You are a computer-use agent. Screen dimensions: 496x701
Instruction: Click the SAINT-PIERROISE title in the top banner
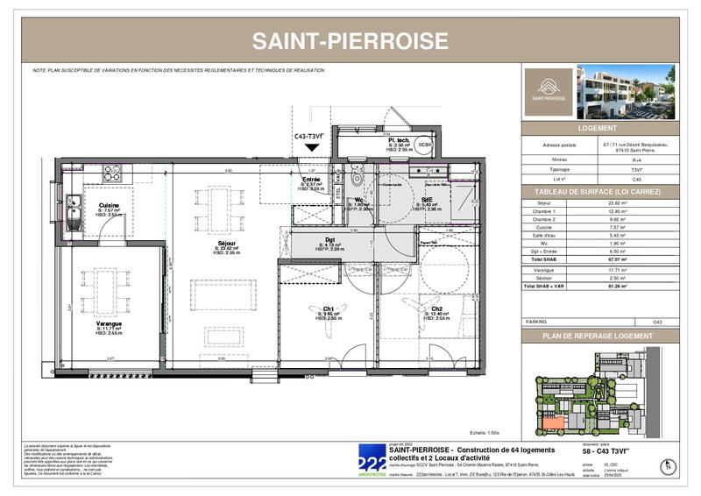(x=350, y=40)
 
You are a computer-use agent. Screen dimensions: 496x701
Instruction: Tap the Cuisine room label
(x=109, y=205)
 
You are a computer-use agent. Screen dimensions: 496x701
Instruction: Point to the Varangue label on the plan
(x=109, y=323)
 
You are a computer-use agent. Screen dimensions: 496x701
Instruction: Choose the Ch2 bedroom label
(x=435, y=308)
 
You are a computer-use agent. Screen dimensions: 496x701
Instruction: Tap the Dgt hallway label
(x=330, y=240)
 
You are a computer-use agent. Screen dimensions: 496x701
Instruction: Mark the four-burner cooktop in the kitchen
(x=113, y=173)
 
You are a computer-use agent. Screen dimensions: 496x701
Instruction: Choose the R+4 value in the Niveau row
(x=611, y=159)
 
